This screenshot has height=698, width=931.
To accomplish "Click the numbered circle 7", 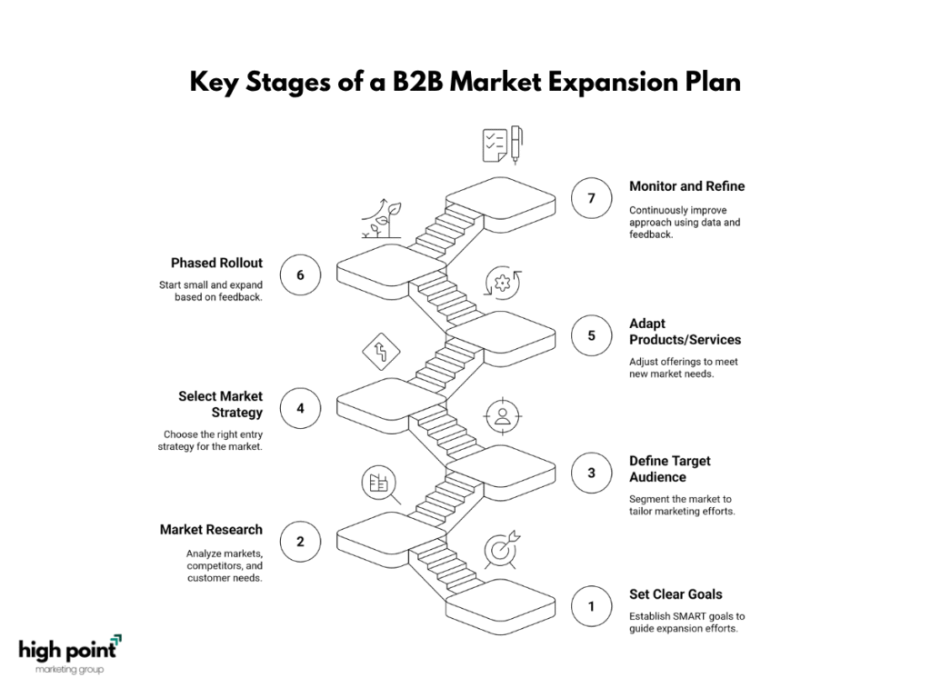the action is [x=591, y=198].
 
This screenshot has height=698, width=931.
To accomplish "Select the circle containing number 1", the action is [x=591, y=606].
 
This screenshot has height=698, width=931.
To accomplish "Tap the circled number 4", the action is [x=300, y=408].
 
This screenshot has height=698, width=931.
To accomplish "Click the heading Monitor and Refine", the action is [x=686, y=186].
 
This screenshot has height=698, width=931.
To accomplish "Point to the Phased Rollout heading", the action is [x=216, y=263].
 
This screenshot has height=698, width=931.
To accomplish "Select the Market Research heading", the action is [x=211, y=530].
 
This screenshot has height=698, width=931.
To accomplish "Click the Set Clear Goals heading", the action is [x=676, y=594].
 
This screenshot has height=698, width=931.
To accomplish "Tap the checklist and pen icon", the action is [x=502, y=145].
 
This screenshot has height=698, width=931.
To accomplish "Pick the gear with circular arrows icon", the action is [x=502, y=283].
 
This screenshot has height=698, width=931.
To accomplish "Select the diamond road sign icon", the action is [x=381, y=352].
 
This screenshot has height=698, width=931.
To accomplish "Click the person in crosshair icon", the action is [x=502, y=416].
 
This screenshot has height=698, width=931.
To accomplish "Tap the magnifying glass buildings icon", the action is [x=381, y=485].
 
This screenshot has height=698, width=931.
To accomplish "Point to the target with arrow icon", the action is [x=502, y=550].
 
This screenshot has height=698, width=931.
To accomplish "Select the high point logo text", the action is [x=67, y=651].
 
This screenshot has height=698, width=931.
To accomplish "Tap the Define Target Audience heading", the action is [x=670, y=469].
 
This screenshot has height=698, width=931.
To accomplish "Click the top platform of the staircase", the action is [x=501, y=198].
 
